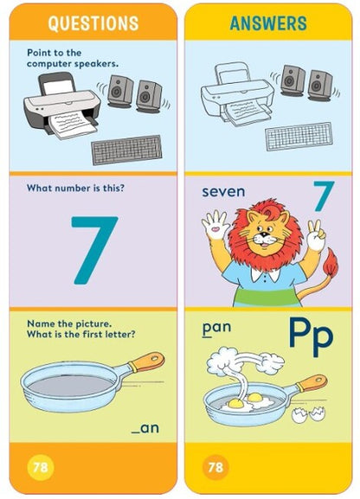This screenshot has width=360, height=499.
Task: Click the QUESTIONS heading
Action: [x=93, y=22]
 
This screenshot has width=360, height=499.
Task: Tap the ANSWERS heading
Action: [x=270, y=22]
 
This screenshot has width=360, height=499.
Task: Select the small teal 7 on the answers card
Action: [x=323, y=197]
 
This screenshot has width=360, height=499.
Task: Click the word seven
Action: [x=223, y=190]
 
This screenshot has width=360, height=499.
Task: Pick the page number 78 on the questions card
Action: [x=40, y=468]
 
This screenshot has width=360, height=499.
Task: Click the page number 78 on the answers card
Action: [x=216, y=468]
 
